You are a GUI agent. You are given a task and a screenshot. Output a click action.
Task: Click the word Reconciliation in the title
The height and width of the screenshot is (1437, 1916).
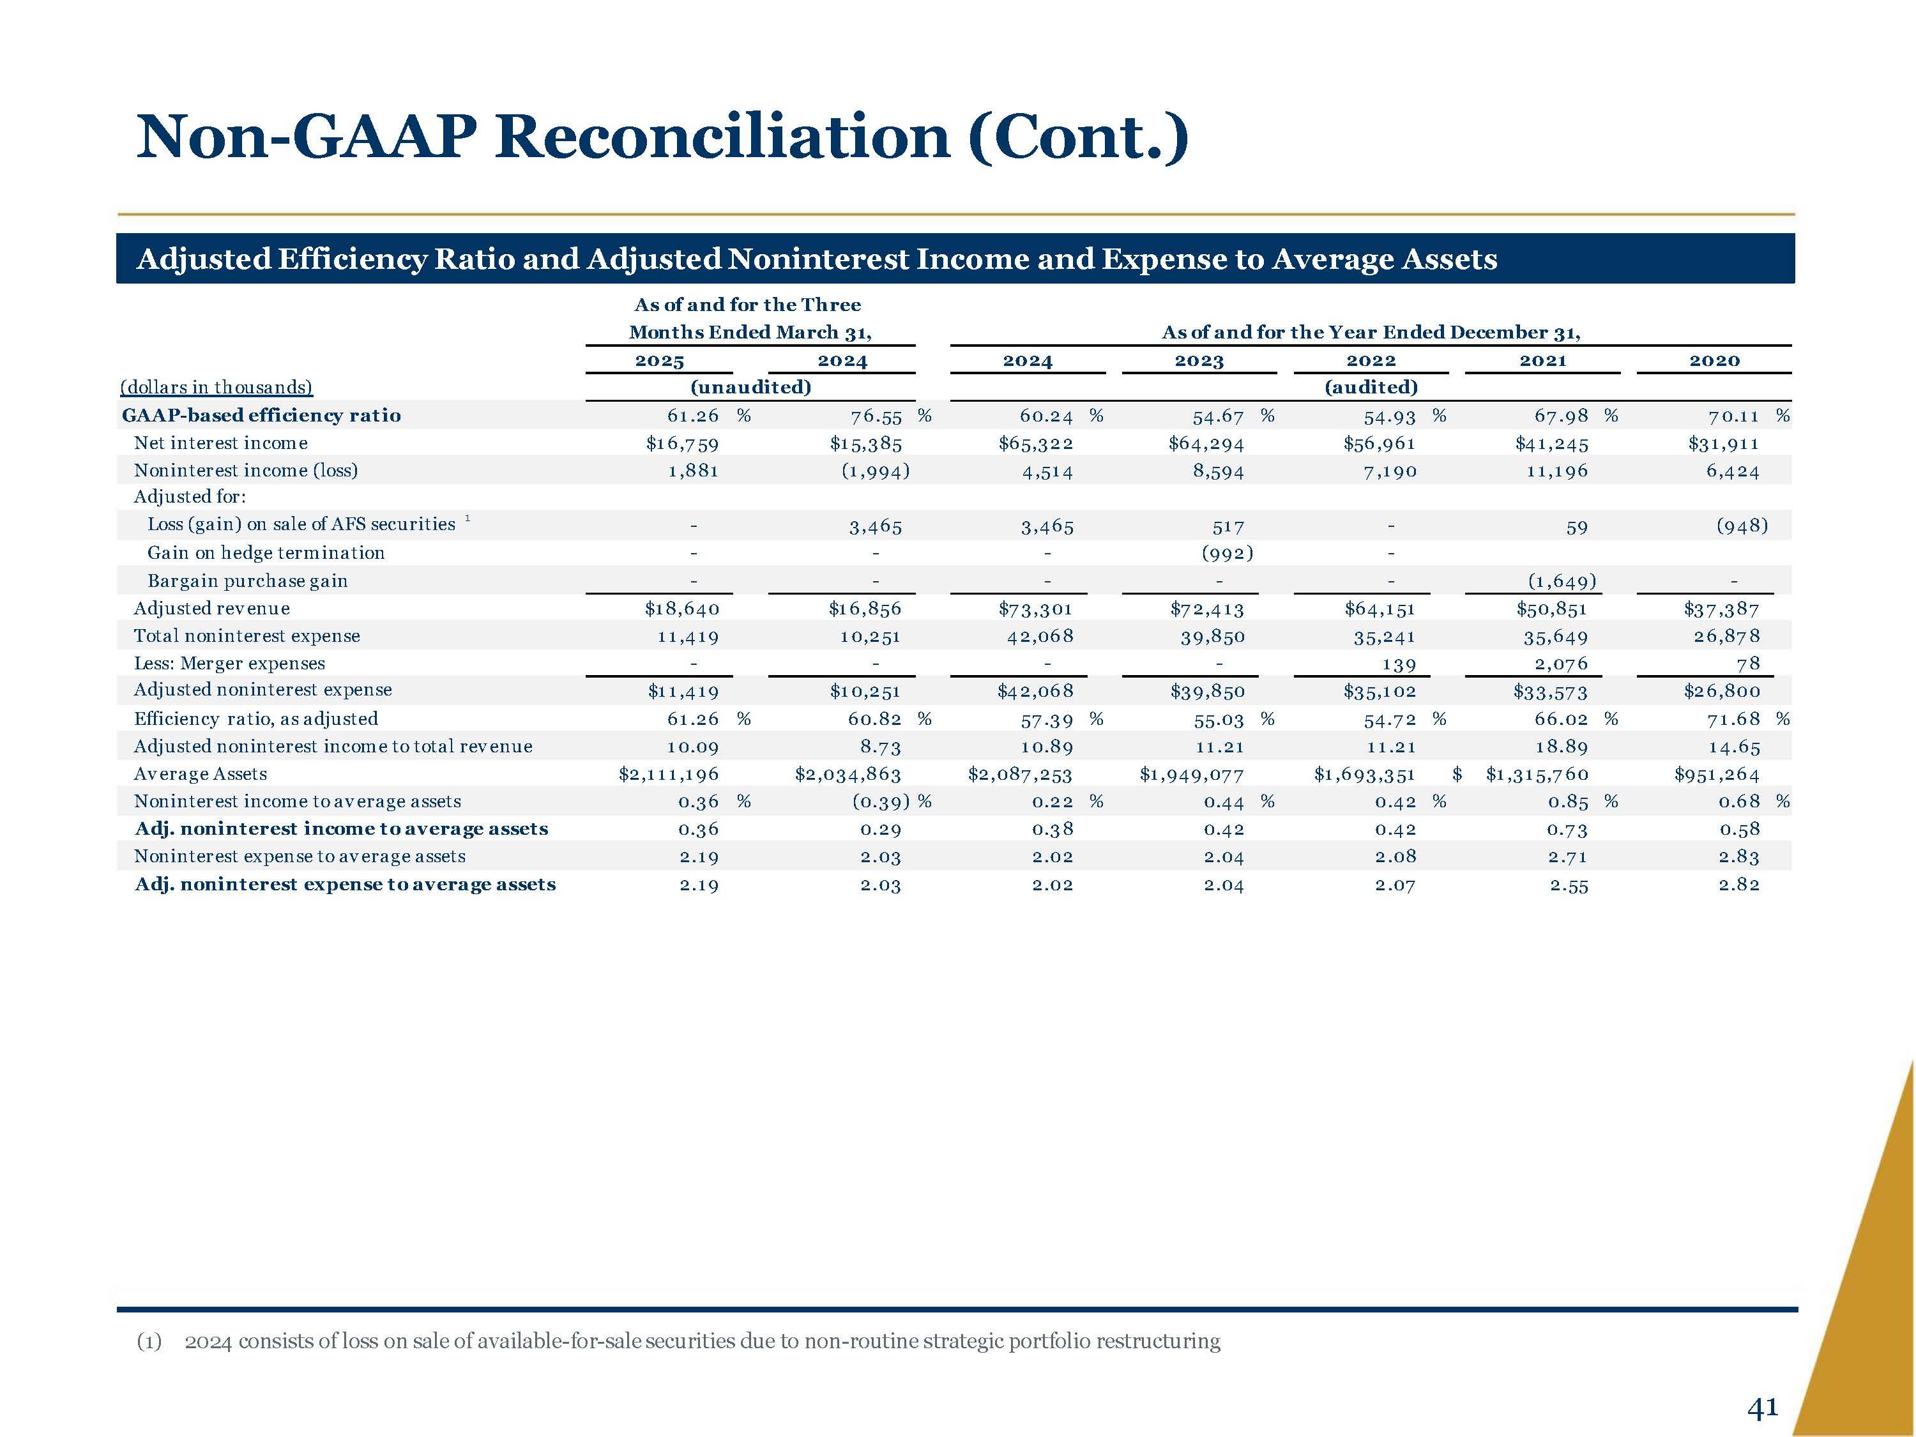pos(722,137)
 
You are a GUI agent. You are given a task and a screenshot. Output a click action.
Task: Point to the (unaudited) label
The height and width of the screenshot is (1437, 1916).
pos(750,387)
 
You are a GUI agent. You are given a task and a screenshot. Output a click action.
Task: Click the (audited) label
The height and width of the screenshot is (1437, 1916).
pos(1371,387)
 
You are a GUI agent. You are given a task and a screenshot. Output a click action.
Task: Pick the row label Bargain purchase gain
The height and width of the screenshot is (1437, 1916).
pos(247,581)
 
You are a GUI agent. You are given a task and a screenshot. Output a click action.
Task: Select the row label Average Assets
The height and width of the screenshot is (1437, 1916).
pos(200,774)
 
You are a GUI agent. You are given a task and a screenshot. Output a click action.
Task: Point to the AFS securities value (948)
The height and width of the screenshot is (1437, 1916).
pos(1741,526)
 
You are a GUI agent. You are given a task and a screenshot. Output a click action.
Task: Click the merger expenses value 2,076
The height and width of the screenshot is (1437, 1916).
pos(1561,664)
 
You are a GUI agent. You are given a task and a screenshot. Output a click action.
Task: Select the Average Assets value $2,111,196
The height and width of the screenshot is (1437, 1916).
pos(668,774)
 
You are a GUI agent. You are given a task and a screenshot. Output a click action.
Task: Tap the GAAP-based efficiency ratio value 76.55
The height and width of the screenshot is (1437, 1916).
pos(876,416)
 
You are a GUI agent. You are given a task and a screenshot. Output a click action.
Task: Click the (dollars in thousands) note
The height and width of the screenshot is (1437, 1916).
pos(217,387)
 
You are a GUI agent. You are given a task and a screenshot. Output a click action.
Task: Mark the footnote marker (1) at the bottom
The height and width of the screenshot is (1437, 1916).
pos(149,1342)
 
